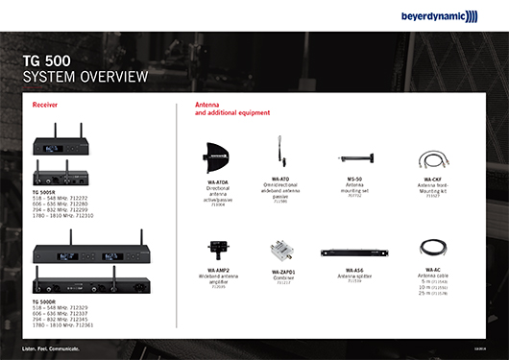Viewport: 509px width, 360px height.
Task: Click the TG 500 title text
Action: click(46, 60)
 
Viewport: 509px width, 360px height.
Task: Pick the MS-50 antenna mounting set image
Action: click(354, 157)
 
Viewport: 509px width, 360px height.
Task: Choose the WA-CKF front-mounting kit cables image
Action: click(431, 158)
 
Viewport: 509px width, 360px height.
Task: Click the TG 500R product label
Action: click(43, 193)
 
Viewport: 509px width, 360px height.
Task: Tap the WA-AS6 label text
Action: click(353, 271)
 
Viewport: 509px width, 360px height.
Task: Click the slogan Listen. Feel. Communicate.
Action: click(50, 346)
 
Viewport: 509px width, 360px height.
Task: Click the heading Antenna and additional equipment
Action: click(227, 108)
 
